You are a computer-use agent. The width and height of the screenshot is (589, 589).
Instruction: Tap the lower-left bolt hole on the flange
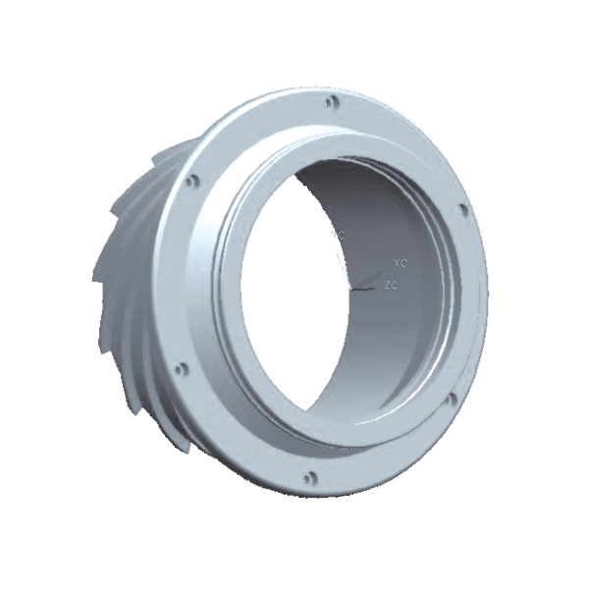pos(179,370)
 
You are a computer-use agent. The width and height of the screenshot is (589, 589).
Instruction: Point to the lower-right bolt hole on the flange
pos(452,399)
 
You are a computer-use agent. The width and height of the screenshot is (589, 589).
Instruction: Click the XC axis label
pos(399,264)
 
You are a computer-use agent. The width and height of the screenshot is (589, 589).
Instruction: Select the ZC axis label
pos(390,286)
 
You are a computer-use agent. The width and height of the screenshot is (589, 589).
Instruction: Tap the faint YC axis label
pos(340,236)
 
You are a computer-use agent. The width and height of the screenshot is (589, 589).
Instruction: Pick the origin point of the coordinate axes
pos(352,292)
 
